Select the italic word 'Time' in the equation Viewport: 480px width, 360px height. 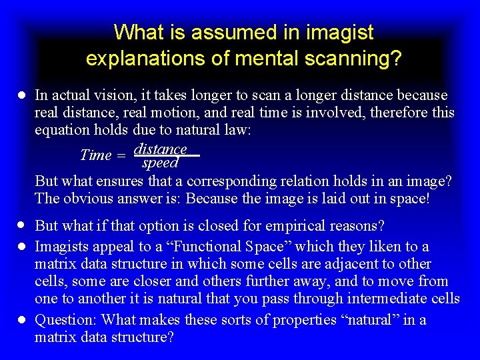(95, 155)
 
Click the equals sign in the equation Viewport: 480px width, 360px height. (121, 155)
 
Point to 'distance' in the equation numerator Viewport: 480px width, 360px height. (160, 148)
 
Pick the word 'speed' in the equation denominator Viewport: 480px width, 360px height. (160, 163)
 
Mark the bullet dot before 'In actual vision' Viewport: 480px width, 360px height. (22, 95)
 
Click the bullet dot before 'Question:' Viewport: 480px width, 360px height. (22, 320)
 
